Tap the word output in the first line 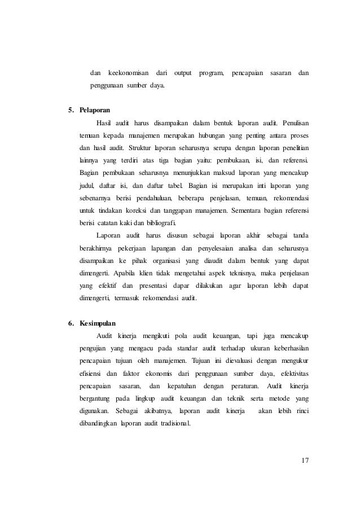183,74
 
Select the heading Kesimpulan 97,323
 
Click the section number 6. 71,323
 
